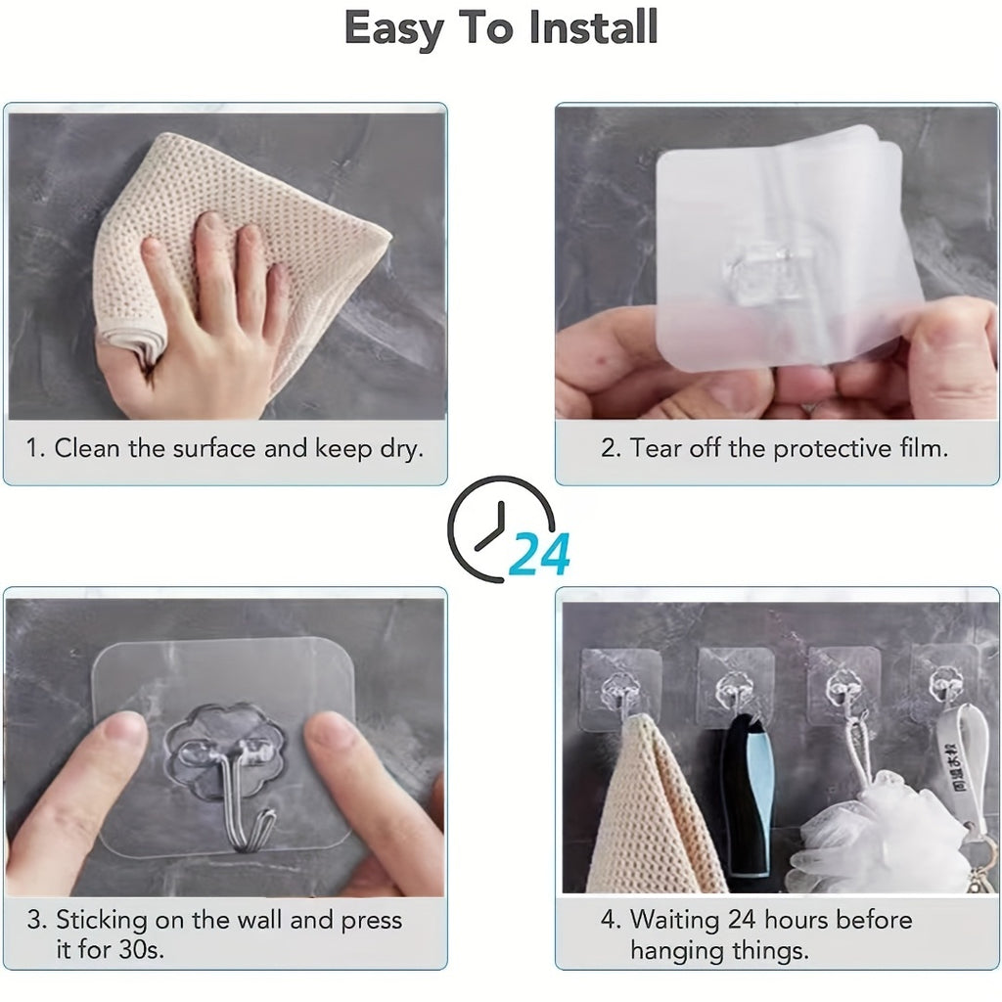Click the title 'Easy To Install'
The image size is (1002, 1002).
500,28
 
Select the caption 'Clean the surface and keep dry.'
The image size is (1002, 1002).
225,449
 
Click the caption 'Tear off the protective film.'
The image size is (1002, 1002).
775,449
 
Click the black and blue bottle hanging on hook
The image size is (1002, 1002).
749,793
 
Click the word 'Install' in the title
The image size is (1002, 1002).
593,28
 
